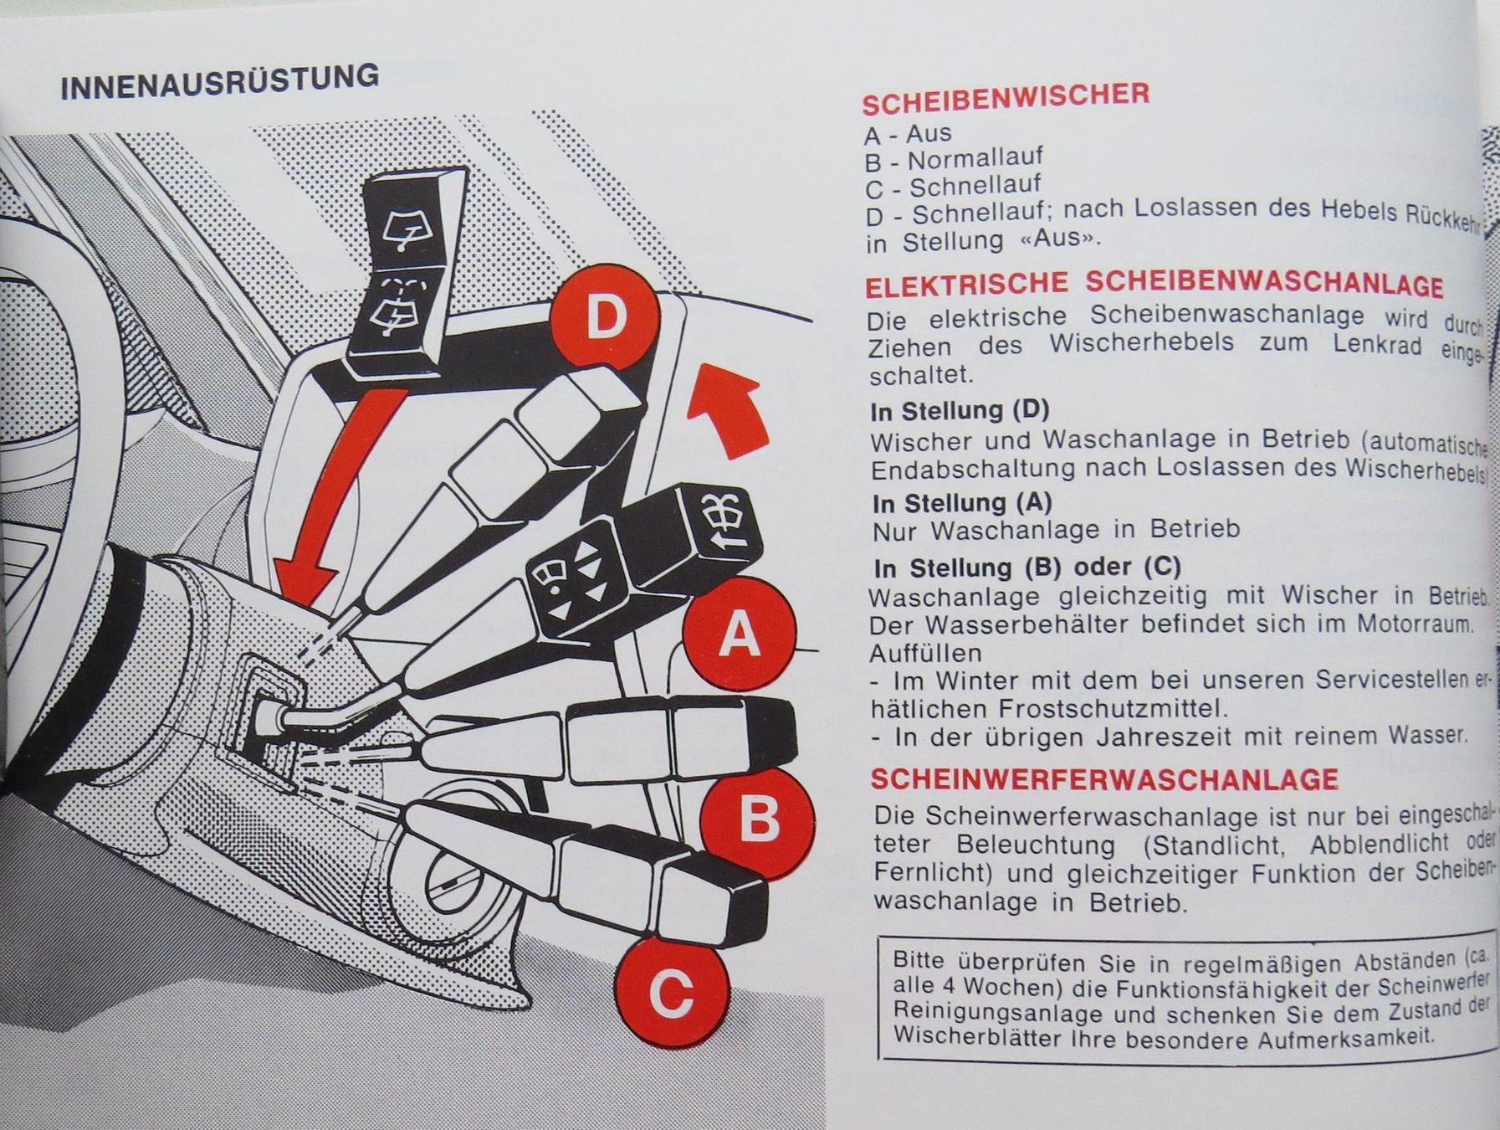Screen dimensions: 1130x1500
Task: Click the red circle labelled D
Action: [x=604, y=319]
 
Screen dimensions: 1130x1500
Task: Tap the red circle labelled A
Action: [x=739, y=634]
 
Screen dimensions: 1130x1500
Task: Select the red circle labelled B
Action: [x=757, y=818]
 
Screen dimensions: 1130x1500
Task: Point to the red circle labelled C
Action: [x=670, y=994]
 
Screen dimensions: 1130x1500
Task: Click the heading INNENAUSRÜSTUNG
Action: [x=220, y=81]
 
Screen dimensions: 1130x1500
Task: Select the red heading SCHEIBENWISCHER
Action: [x=1006, y=98]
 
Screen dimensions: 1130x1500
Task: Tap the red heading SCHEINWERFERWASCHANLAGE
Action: [x=1104, y=779]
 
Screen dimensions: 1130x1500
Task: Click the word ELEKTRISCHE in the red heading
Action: [x=966, y=285]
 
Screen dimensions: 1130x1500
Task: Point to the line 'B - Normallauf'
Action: [x=954, y=159]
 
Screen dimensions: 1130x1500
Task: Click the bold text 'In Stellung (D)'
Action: [x=960, y=410]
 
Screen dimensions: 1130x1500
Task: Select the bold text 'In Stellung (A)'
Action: [x=962, y=503]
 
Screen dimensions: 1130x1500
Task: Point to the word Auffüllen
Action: [x=925, y=652]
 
